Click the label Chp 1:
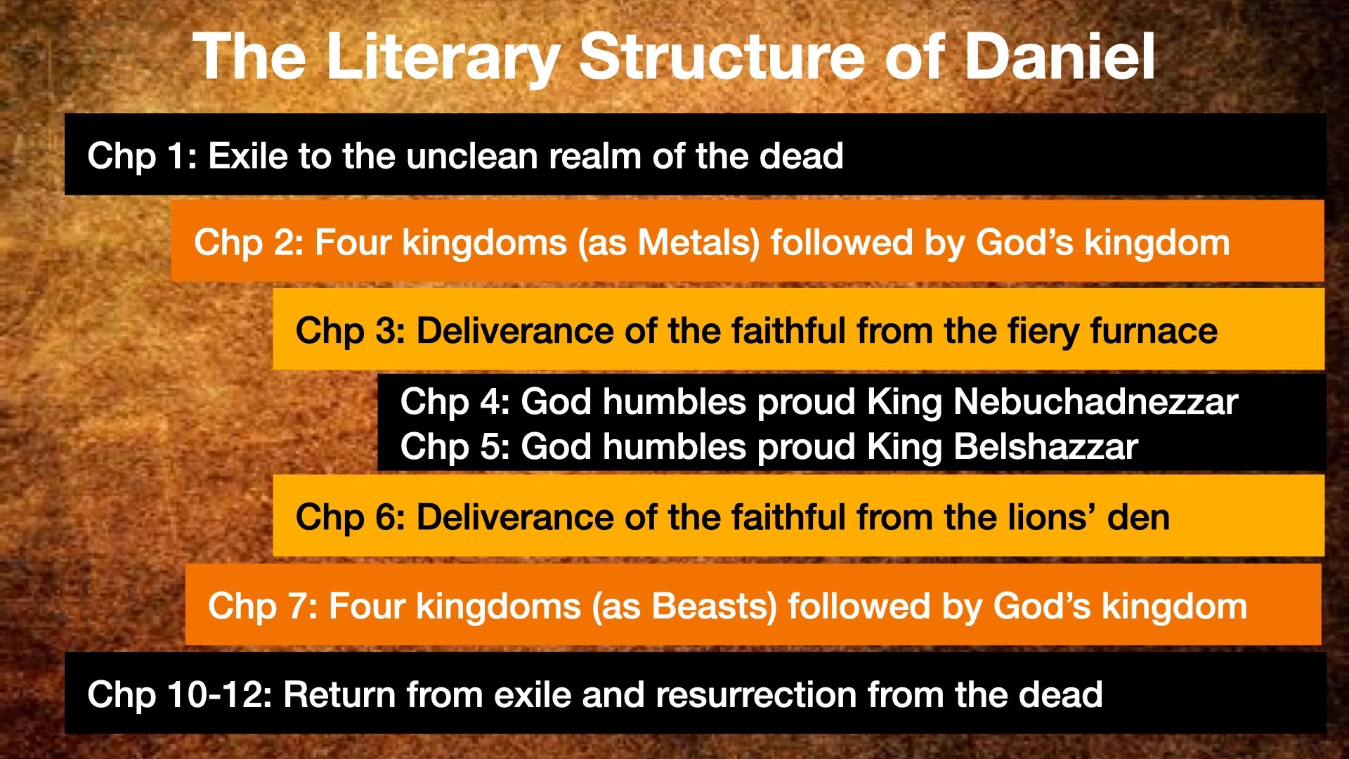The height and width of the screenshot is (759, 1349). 141,155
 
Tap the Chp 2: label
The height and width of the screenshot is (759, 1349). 248,242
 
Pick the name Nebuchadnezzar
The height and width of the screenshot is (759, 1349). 1095,402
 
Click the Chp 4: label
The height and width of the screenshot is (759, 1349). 455,402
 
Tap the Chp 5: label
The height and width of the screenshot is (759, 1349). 455,446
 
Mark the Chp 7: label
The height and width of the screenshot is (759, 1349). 262,606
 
